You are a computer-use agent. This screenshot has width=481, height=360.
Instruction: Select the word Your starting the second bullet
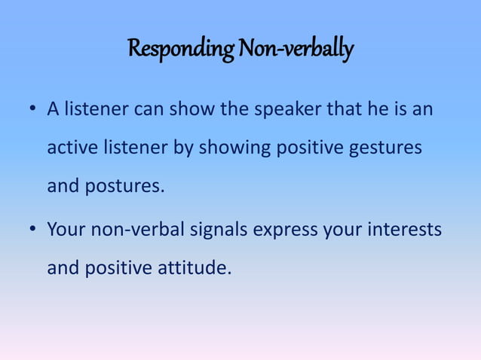[66, 229]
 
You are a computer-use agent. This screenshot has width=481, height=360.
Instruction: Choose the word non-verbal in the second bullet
[136, 229]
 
